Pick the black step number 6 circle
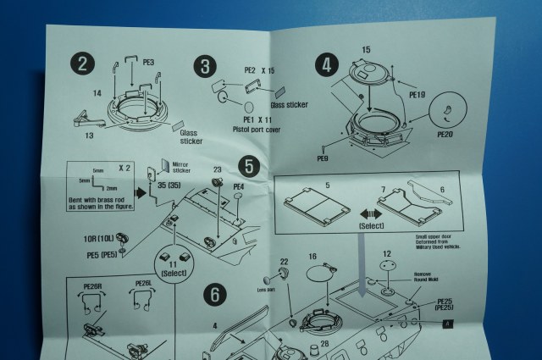216,296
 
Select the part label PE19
418,95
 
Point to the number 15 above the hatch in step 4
366,49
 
